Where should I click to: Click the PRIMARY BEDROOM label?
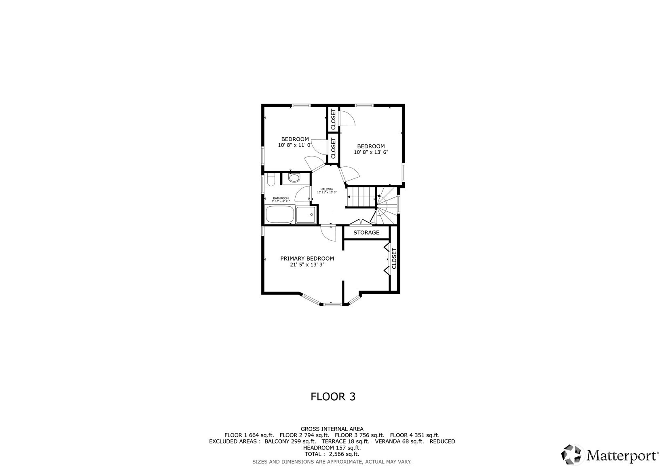click(307, 259)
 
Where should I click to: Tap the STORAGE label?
click(366, 233)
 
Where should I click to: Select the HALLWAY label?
click(327, 189)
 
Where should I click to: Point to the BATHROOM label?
click(281, 198)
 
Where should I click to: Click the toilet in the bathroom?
click(271, 179)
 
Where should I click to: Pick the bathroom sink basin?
click(294, 178)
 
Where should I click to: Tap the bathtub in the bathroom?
click(279, 214)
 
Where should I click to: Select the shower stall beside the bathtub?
click(306, 214)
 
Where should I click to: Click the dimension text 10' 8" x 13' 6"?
click(371, 153)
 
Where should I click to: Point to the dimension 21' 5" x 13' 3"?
click(307, 265)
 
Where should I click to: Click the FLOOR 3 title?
click(333, 397)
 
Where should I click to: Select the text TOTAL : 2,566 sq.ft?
click(332, 454)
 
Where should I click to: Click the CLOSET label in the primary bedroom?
click(394, 258)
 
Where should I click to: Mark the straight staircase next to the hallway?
click(361, 197)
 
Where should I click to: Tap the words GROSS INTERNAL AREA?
click(332, 429)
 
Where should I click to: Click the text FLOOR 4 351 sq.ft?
click(415, 435)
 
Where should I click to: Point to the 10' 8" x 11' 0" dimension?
click(295, 145)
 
